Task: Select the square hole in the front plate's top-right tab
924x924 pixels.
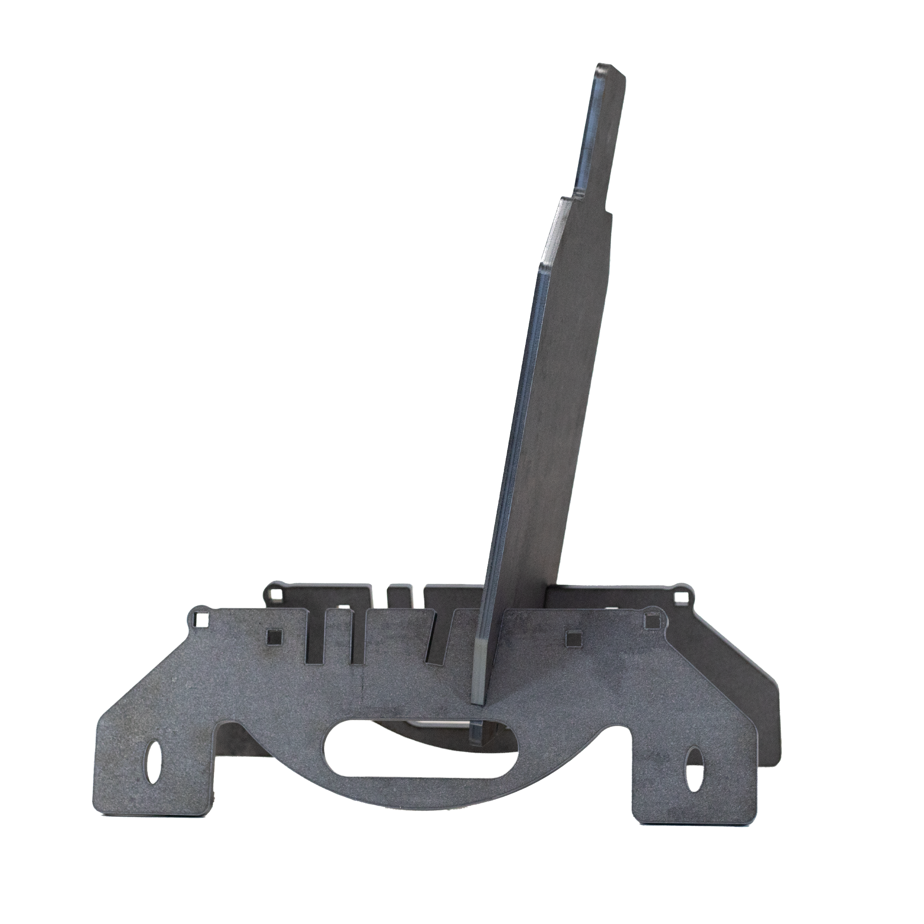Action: tap(651, 621)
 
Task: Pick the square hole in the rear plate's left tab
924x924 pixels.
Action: tap(274, 594)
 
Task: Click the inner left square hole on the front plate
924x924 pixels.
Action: tap(274, 637)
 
